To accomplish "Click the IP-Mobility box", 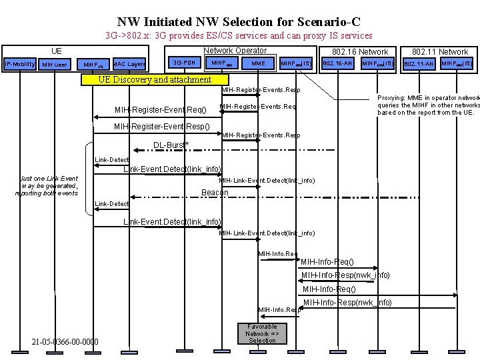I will [19, 64].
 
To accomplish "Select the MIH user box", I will [55, 65].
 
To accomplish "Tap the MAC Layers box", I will [130, 64].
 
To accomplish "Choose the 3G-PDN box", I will [184, 63].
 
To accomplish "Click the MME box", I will [258, 63].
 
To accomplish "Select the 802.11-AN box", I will [421, 64].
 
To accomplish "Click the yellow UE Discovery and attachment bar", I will [154, 79].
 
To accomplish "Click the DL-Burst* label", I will [171, 145].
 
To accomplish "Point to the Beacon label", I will [215, 193].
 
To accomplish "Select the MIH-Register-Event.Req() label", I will [160, 109].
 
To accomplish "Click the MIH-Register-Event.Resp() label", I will [161, 126].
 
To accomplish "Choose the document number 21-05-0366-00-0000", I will [65, 342].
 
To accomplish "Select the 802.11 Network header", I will [440, 51].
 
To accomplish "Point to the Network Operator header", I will [234, 51].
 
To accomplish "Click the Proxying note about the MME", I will [428, 104].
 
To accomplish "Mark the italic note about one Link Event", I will [49, 185].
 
